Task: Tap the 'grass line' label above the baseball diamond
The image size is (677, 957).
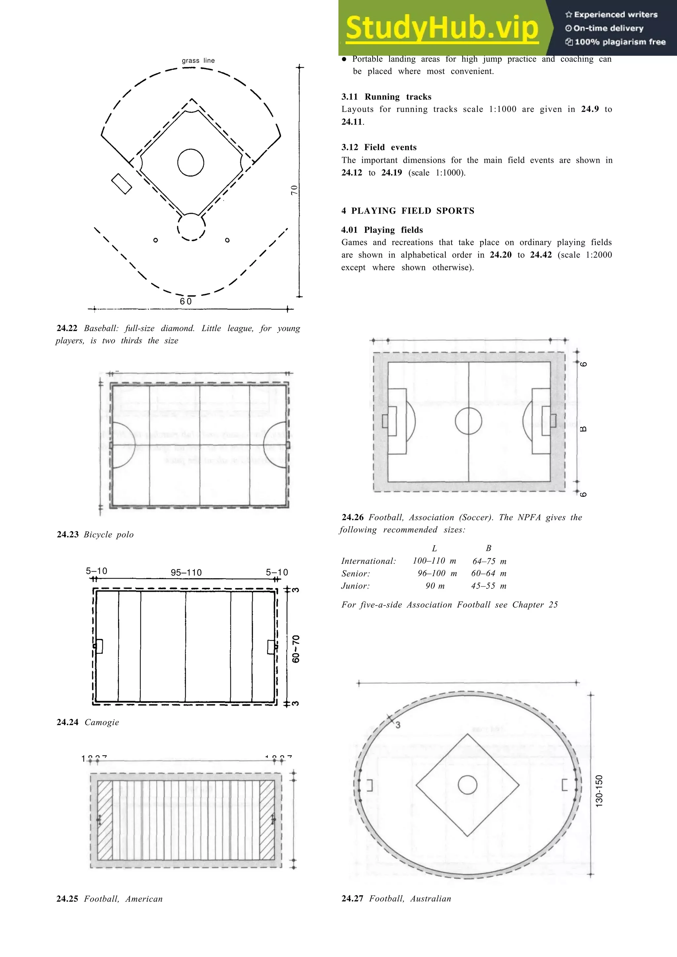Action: point(198,60)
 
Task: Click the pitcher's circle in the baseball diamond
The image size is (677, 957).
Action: point(191,162)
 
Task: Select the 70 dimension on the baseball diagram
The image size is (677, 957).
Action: point(295,190)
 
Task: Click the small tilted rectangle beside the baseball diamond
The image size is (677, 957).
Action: point(122,183)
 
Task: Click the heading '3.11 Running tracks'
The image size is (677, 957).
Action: point(386,97)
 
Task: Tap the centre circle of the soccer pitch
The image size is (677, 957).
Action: point(468,421)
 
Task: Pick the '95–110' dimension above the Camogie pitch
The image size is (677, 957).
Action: point(186,573)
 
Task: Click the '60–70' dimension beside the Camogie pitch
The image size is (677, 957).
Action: point(296,649)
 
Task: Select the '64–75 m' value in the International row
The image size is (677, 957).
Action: point(489,561)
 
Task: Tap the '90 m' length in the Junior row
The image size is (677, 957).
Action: point(435,585)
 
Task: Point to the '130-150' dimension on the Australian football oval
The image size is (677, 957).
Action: point(599,791)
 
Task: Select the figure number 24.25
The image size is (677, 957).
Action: point(67,899)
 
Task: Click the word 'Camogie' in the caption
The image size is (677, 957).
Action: point(102,722)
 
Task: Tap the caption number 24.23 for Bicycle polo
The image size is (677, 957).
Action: point(67,534)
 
